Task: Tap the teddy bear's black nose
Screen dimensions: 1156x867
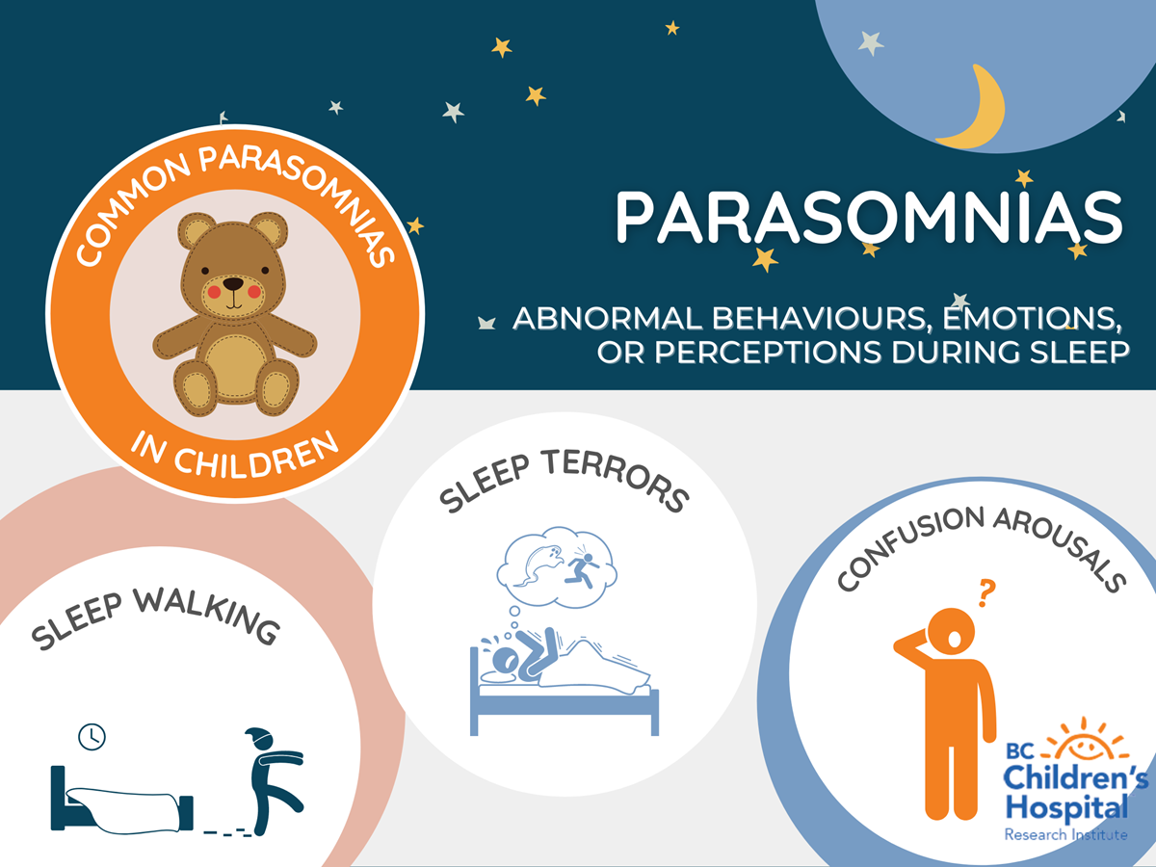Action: coord(233,284)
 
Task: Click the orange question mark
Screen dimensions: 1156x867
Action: coord(986,593)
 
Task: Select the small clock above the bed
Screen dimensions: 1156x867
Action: coord(92,736)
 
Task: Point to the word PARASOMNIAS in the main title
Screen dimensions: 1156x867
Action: coord(869,217)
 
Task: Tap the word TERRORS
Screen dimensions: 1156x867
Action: coord(617,478)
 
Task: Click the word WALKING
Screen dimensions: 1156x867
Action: coord(206,616)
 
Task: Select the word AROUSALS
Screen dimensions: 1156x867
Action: coord(1060,548)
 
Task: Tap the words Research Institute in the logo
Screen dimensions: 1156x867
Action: coord(1066,835)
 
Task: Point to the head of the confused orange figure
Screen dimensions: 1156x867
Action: coord(951,633)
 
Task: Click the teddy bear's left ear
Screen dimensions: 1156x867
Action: coord(196,230)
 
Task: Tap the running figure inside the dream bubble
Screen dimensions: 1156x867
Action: coord(582,568)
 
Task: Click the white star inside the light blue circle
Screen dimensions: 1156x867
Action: coord(870,43)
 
